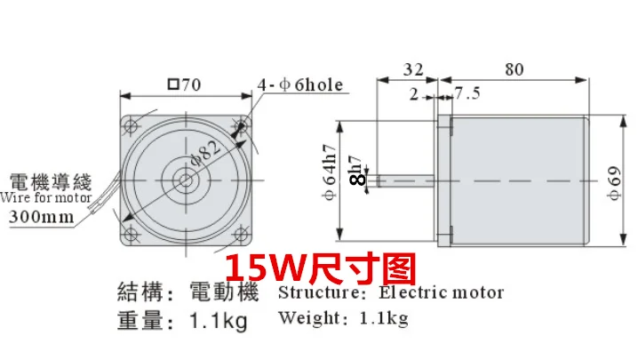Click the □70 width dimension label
[x=184, y=84]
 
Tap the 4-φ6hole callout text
[x=300, y=84]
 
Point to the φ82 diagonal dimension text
[x=206, y=154]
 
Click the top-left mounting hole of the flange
[x=131, y=125]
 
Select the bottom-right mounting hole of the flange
[x=241, y=234]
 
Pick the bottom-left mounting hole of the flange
[x=131, y=234]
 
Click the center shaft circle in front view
[x=186, y=180]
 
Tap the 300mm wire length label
[x=42, y=216]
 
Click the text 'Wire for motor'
[x=45, y=197]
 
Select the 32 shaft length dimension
[x=413, y=69]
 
